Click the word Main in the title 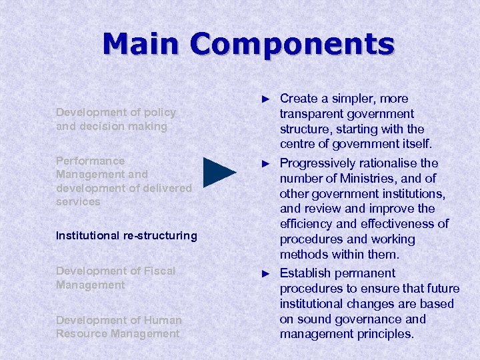[x=141, y=44]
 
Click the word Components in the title [x=292, y=44]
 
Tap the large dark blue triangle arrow [x=219, y=172]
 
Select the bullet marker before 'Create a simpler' [x=266, y=99]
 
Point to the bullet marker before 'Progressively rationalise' [x=266, y=163]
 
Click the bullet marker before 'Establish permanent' [x=266, y=273]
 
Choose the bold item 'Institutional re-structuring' [x=127, y=235]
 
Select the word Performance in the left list [x=90, y=161]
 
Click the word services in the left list [x=78, y=201]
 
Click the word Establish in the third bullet [x=304, y=273]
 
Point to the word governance [x=357, y=319]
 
